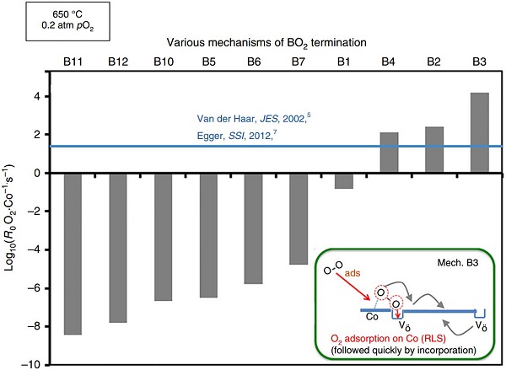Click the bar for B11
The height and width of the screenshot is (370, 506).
coord(73,253)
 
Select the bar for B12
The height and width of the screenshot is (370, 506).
coord(118,247)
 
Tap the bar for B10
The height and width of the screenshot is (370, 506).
coord(164,236)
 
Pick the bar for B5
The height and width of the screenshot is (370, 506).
coord(208,234)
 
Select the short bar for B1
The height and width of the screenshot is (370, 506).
coord(344,180)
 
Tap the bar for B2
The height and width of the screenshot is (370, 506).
coord(434,149)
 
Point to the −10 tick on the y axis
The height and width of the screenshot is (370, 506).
coord(37,364)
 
